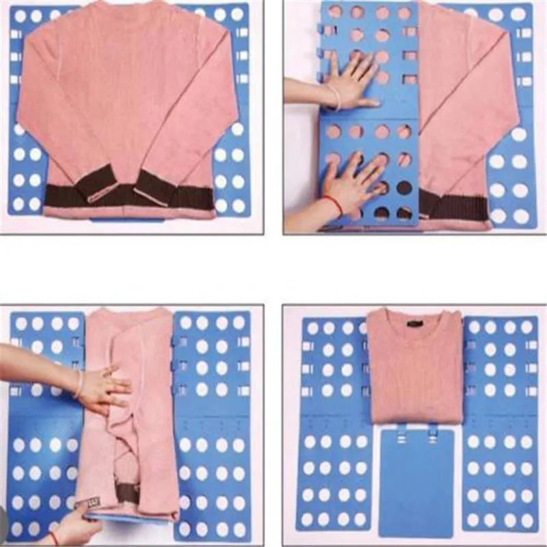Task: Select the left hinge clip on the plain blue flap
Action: pyautogui.click(x=401, y=431)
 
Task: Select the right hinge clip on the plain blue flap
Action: pyautogui.click(x=432, y=431)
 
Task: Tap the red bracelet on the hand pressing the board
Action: pyautogui.click(x=333, y=204)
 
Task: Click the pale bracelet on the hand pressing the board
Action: pyautogui.click(x=335, y=96)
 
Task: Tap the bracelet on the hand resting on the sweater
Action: pyautogui.click(x=79, y=384)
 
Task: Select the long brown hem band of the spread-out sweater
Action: pyautogui.click(x=130, y=198)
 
